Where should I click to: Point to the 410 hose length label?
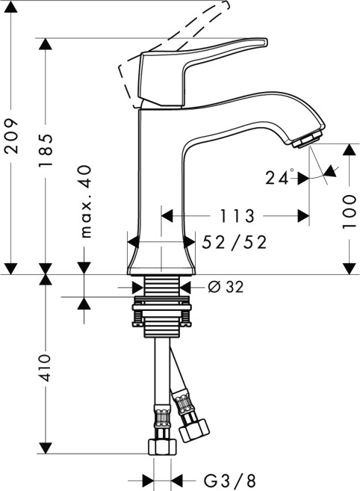pos(47,366)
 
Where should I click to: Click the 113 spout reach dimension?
pos(238,216)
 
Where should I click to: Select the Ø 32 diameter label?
pos(225,287)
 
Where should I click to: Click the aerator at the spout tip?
pos(307,139)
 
